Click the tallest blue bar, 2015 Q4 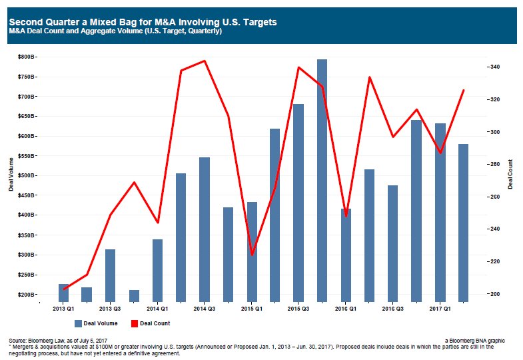click(322, 180)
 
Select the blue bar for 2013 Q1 click(63, 293)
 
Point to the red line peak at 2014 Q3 click(205, 61)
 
